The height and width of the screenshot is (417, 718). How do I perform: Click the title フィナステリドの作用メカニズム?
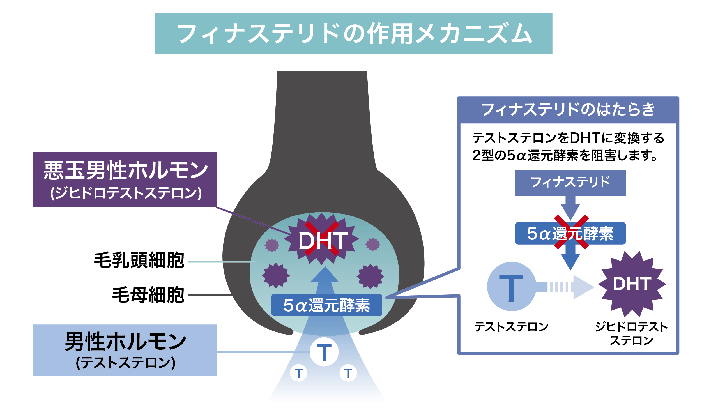coord(353,34)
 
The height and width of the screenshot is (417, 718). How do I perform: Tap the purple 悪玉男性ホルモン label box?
coord(125,179)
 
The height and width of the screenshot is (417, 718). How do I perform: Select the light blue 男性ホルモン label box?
coord(125,350)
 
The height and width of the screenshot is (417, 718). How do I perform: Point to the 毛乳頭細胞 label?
coord(139,260)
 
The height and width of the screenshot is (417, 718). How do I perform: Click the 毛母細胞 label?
coord(148,295)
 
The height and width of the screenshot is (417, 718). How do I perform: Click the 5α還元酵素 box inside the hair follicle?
coord(326,305)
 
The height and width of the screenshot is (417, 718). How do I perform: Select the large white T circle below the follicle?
coord(324,352)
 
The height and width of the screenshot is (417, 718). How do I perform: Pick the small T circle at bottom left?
coord(298,373)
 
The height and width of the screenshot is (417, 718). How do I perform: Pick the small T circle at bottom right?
coord(348,373)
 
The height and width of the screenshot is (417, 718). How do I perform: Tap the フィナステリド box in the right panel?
coord(570,183)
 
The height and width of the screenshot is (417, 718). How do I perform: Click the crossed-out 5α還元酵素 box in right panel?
coord(570,233)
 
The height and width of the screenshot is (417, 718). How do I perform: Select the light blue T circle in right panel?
coord(511,286)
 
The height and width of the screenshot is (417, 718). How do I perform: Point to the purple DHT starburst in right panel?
coord(632,284)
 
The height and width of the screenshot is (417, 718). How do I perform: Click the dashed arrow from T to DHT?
coord(567,287)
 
